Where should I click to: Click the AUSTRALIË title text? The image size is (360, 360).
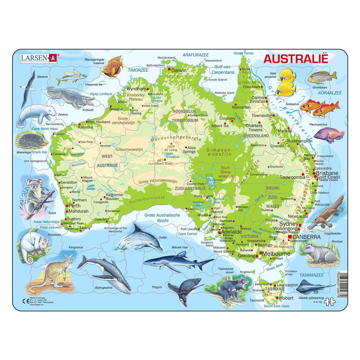click(x=296, y=59)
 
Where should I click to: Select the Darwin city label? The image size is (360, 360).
click(x=179, y=71)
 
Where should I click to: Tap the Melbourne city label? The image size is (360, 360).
click(x=277, y=254)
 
